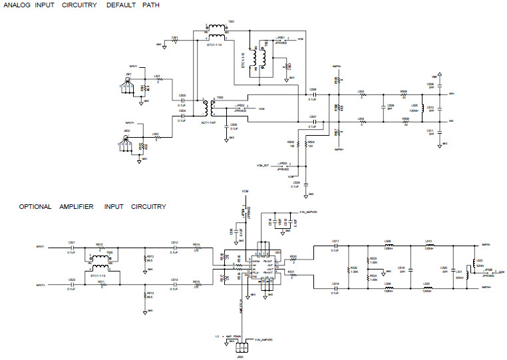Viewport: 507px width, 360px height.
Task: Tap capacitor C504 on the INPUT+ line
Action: [182, 116]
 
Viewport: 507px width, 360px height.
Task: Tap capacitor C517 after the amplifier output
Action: [335, 247]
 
